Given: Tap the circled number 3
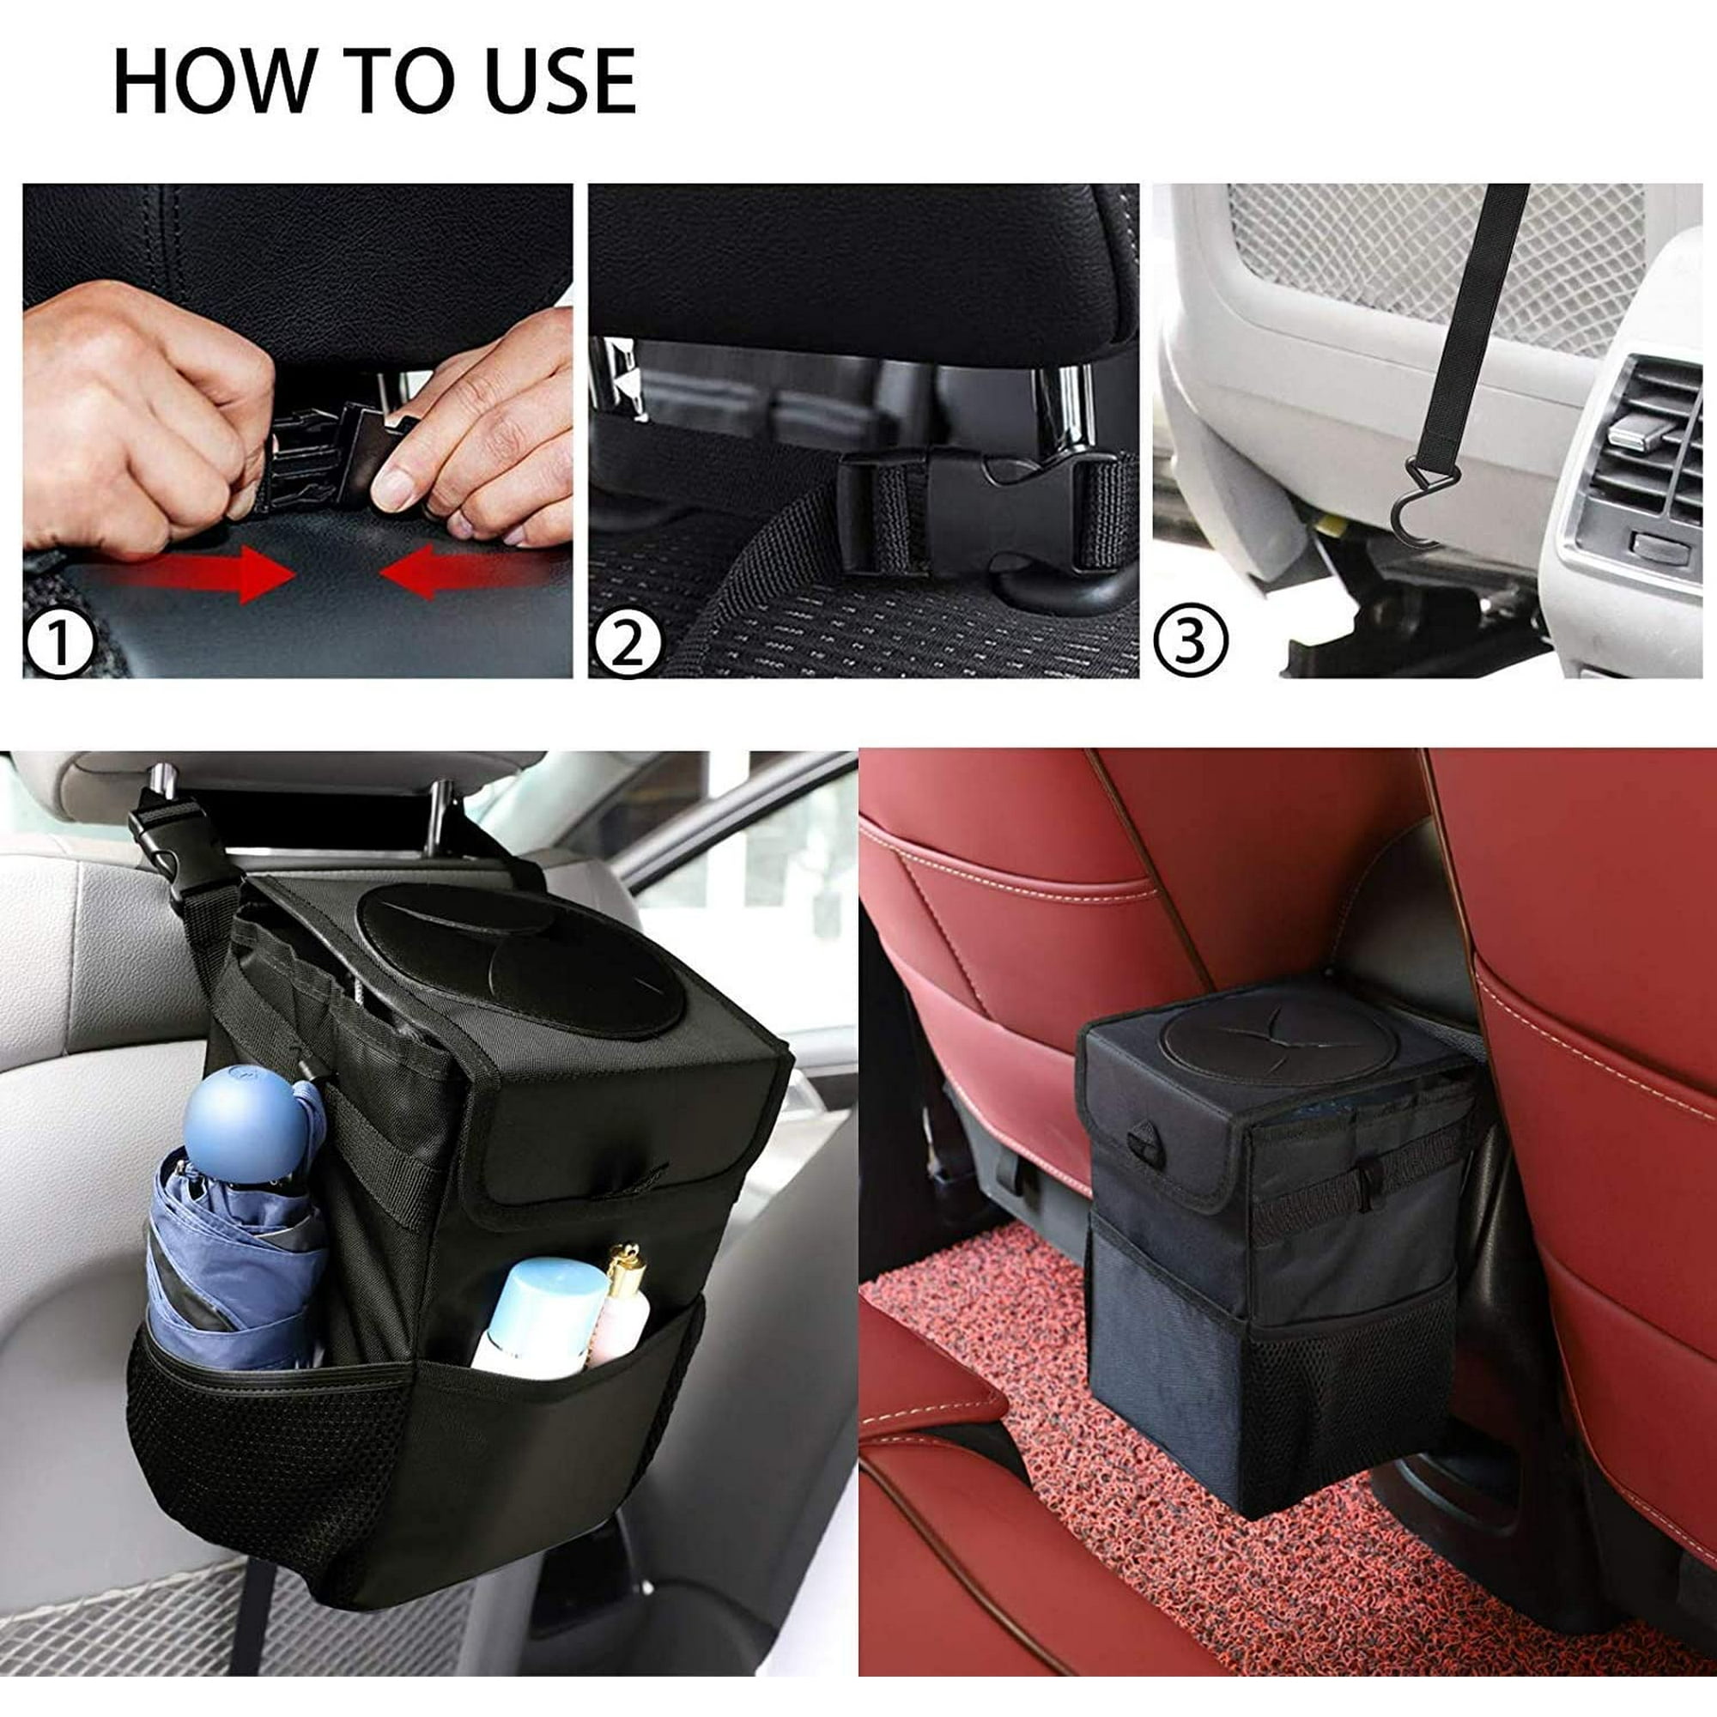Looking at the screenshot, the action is (1191, 638).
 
